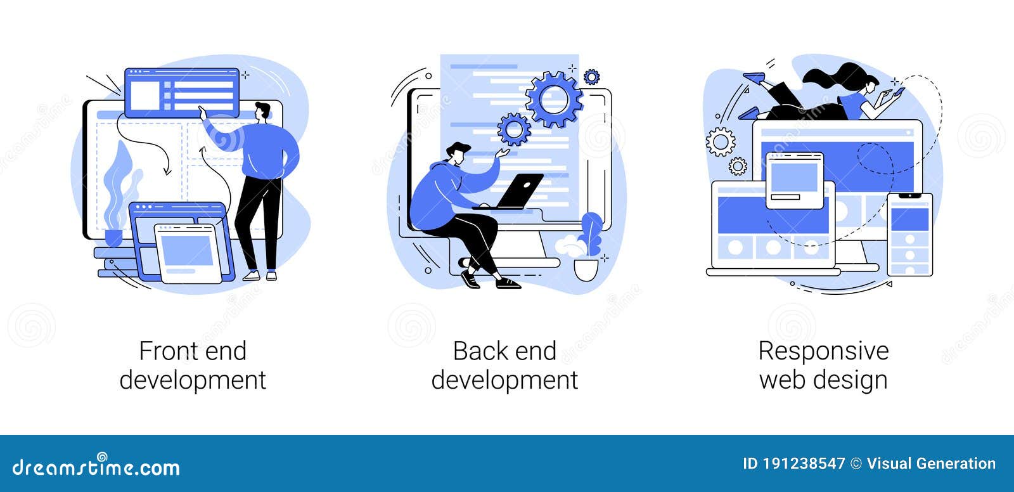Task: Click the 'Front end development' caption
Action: point(193,366)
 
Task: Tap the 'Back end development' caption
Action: point(504,366)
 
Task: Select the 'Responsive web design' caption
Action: point(823,366)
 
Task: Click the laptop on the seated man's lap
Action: point(518,191)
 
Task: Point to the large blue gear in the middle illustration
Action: point(554,98)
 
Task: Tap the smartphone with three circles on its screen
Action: point(909,234)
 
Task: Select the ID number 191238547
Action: point(804,463)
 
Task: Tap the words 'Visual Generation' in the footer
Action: point(931,463)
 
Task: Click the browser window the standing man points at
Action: point(181,93)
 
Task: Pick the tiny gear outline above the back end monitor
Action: point(591,77)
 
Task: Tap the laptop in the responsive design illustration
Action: point(772,228)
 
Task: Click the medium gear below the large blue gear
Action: point(513,129)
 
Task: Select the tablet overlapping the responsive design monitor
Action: point(795,180)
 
